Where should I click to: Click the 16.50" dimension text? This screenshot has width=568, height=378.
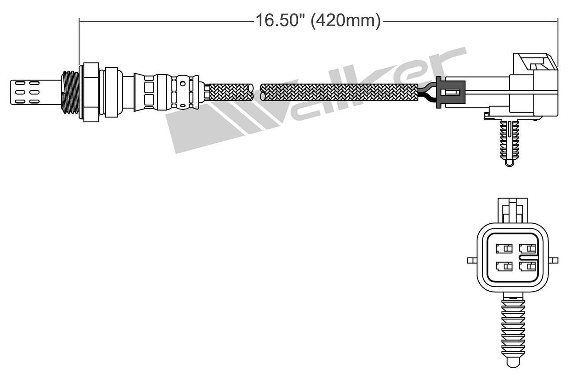280,20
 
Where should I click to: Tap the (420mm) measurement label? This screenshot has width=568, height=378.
346,20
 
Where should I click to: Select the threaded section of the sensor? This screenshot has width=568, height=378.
70,92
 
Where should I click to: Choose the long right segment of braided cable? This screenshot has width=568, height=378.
339,92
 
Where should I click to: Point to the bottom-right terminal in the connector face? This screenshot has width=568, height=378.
527,266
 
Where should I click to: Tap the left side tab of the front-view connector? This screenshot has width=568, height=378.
472,260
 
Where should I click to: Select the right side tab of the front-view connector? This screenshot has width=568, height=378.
554,260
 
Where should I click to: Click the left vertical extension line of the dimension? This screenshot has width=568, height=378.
79,42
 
